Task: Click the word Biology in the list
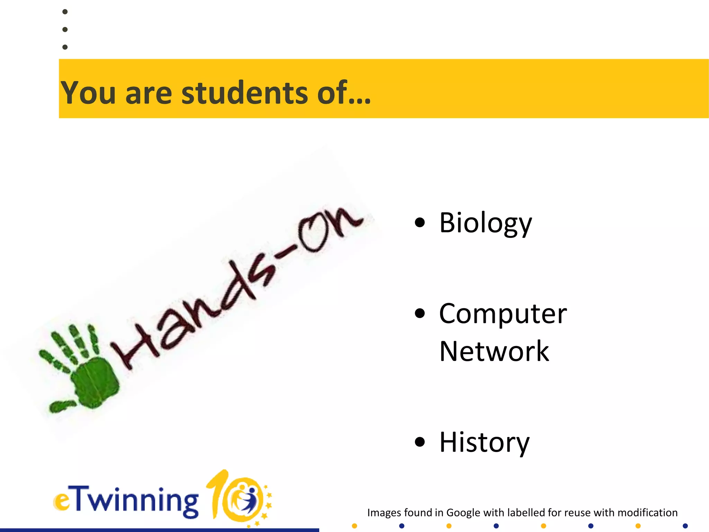[x=485, y=223]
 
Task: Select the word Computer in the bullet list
[x=503, y=314]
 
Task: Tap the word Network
[x=494, y=351]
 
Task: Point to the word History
[x=484, y=442]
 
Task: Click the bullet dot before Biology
[x=420, y=223]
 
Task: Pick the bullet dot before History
[x=420, y=442]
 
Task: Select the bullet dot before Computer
[x=420, y=313]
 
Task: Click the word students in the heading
[x=244, y=92]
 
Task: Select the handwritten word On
[x=329, y=229]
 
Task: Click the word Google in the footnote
[x=463, y=513]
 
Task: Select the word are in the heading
[x=149, y=92]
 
